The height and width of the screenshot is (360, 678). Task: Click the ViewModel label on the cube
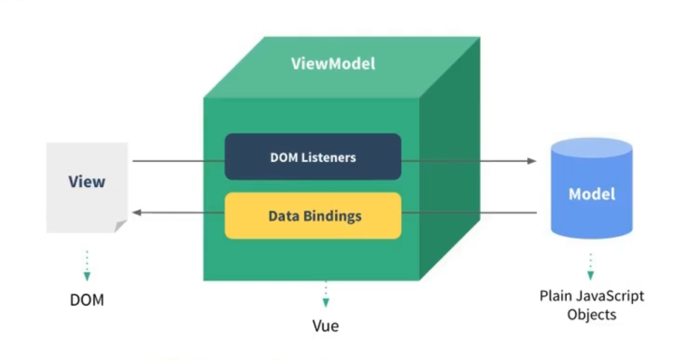pos(333,63)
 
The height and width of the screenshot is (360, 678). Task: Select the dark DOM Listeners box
pos(313,157)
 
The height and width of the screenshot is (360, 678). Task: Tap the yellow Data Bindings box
pos(313,216)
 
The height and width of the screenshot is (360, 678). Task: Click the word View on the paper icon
pos(87,181)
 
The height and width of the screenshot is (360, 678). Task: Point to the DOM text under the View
pos(87,299)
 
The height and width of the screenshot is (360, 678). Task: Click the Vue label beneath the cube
pos(326,325)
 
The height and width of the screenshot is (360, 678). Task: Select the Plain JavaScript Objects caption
pos(591,305)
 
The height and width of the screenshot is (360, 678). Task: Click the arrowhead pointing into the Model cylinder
pos(532,161)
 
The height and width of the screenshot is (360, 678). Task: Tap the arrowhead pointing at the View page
pos(137,213)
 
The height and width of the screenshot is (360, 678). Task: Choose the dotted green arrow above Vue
pos(326,294)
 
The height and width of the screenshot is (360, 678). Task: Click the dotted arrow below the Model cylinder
pos(590,267)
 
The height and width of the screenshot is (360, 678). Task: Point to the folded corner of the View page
pos(121,227)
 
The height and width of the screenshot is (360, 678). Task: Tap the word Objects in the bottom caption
pos(591,315)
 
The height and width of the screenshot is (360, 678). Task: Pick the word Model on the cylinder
pos(591,194)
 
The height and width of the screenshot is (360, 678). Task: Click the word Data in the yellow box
pos(281,216)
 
